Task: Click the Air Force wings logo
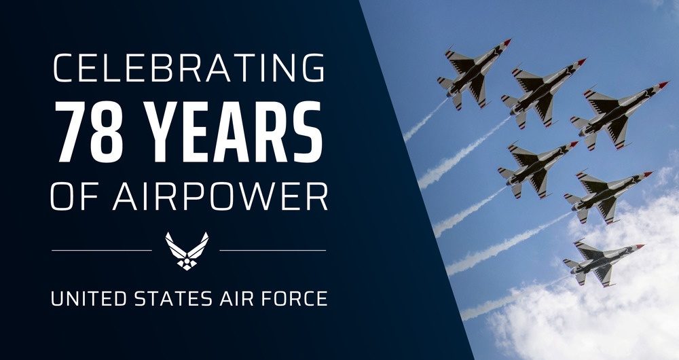(x=187, y=250)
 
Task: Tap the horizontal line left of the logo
(x=102, y=250)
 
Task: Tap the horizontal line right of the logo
(x=272, y=250)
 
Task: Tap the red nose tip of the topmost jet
(x=508, y=42)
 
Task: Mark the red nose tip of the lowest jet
(x=640, y=246)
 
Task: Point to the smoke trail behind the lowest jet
(x=509, y=299)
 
